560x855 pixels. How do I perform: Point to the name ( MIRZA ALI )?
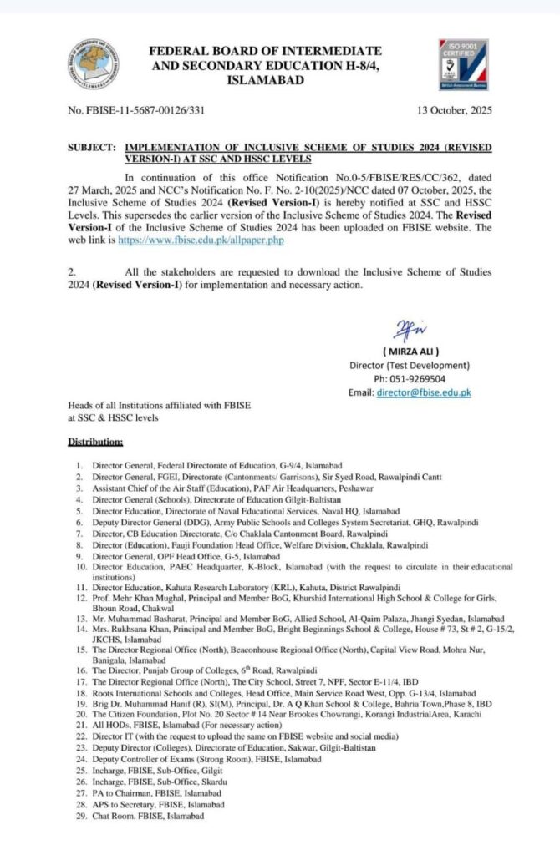[x=410, y=352]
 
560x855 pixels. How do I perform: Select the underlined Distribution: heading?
[x=95, y=441]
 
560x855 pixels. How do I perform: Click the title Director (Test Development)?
[x=410, y=366]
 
